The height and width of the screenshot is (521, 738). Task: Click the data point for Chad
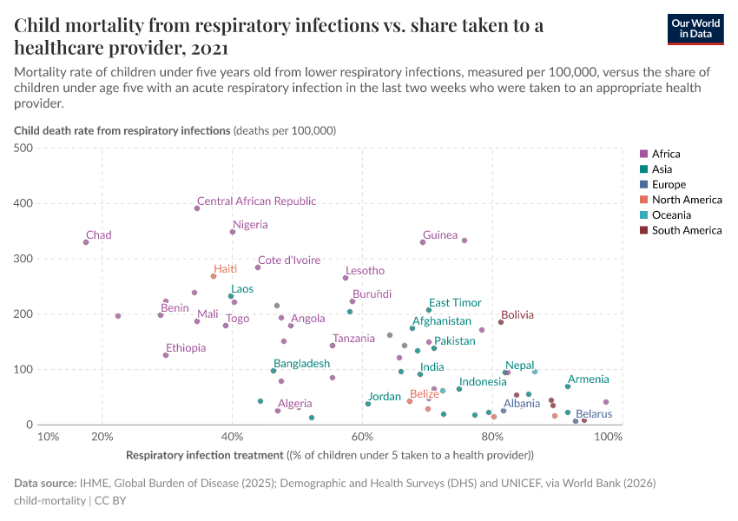[86, 242]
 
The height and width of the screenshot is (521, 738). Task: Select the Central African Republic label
[256, 201]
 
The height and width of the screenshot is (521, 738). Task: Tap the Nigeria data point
[233, 232]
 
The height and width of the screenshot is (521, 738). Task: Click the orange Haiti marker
[214, 276]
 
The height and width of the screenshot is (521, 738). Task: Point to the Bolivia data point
[501, 322]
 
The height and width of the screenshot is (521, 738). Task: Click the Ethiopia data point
[166, 355]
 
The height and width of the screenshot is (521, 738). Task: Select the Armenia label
[588, 379]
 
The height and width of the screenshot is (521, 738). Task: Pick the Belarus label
[594, 414]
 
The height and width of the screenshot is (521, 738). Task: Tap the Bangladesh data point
[273, 371]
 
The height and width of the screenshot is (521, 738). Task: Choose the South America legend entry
[686, 231]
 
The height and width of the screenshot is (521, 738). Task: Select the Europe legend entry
[669, 185]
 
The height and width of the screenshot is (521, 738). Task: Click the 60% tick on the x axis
[362, 437]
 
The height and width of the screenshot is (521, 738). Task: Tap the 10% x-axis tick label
[49, 437]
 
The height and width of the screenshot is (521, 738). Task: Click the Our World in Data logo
[695, 29]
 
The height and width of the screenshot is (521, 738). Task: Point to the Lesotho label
[365, 271]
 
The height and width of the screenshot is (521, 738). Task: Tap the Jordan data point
[368, 404]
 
